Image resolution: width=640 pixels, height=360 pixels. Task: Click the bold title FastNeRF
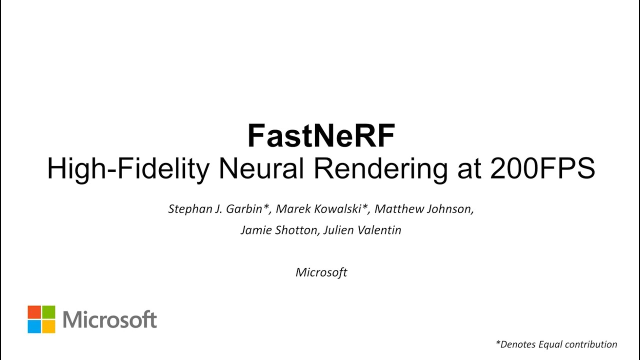point(321,136)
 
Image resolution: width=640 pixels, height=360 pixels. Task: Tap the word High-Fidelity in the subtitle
point(128,169)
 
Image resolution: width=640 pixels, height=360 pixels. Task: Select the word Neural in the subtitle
point(261,169)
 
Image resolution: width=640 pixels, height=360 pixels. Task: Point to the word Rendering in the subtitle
point(380,169)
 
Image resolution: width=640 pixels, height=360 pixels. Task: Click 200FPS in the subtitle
point(542,169)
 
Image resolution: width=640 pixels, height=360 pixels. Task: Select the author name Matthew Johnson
point(423,209)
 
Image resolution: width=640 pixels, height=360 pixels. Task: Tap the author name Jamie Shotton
point(277,230)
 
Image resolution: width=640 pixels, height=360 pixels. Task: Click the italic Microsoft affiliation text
point(321,272)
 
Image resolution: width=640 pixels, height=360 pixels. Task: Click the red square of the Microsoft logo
point(34,312)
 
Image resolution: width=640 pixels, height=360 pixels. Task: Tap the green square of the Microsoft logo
point(48,312)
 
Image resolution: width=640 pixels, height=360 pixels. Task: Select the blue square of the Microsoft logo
point(34,326)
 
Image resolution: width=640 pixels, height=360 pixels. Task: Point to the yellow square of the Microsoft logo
point(48,326)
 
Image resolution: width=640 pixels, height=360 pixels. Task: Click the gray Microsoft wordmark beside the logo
point(110,319)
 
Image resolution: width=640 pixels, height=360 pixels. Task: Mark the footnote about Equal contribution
point(556,344)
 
